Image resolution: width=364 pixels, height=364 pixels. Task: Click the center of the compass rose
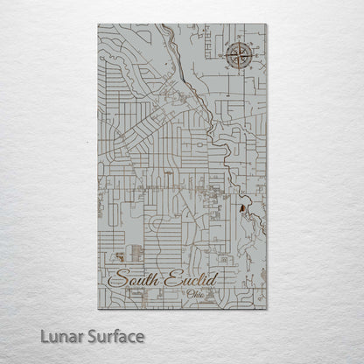[239, 59]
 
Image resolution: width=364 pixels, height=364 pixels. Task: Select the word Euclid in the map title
[187, 280]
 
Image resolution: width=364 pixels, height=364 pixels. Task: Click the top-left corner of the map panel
[98, 24]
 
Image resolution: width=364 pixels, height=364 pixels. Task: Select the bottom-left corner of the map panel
[98, 309]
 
